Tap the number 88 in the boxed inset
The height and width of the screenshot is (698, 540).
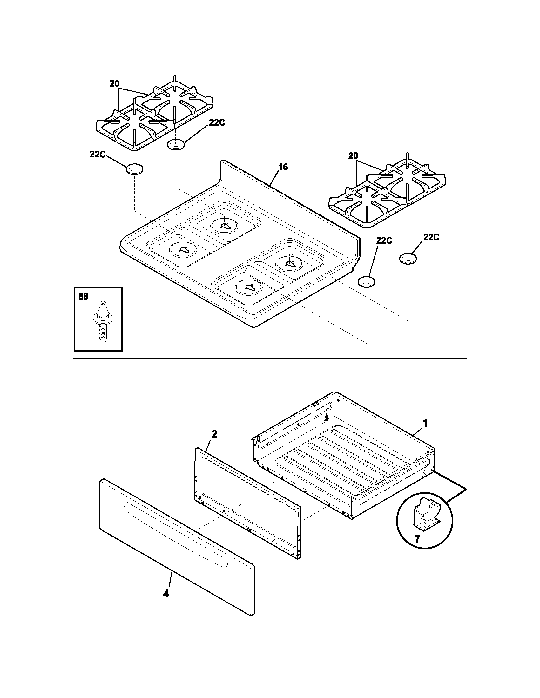(x=83, y=297)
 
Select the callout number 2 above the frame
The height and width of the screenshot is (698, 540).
(x=214, y=434)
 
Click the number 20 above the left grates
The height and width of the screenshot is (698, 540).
(x=114, y=83)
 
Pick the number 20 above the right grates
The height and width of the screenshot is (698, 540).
(x=353, y=156)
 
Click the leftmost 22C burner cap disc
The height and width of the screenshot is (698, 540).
(x=134, y=169)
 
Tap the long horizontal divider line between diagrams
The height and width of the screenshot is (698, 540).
(x=270, y=359)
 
